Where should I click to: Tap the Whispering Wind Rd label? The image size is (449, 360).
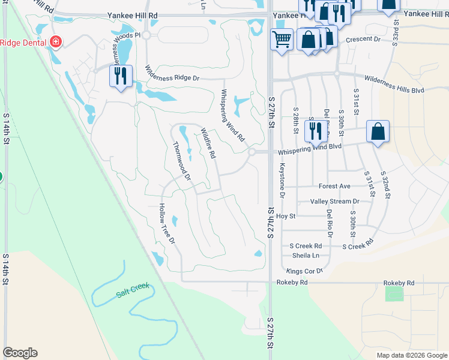232,115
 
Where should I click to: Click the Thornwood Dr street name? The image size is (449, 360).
181,161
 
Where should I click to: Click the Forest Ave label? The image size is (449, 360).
334,187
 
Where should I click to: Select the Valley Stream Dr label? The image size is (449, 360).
334,202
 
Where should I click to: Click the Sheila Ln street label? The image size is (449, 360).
304,256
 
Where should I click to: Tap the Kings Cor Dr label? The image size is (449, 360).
305,271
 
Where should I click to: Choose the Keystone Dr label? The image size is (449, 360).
282,181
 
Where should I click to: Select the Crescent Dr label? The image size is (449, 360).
369,39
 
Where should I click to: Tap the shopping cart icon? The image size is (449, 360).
282,40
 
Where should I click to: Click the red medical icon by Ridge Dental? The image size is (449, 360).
56,42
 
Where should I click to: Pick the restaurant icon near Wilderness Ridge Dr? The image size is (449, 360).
121,76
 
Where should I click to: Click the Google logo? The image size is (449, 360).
20,353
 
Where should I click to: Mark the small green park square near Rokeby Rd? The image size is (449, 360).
394,294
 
